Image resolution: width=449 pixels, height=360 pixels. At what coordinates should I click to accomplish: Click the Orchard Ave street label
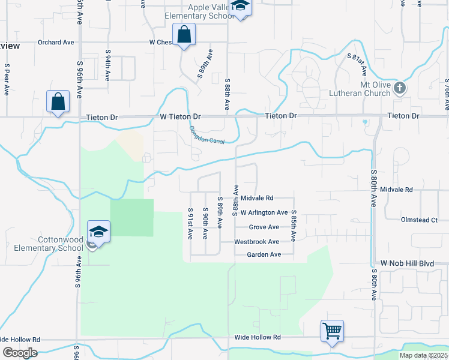pos(56,43)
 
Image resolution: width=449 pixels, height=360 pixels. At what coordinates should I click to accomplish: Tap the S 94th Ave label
pos(107,65)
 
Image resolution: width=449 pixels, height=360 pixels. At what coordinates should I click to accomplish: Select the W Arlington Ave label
pos(264,212)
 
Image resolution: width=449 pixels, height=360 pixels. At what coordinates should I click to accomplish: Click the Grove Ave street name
pos(264,227)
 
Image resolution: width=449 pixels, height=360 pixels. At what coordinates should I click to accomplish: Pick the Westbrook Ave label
pos(256,242)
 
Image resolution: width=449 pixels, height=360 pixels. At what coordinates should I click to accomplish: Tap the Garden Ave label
pos(264,255)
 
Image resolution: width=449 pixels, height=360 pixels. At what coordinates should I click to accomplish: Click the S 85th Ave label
pos(294,226)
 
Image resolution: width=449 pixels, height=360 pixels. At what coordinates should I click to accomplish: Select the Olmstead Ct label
pos(419,220)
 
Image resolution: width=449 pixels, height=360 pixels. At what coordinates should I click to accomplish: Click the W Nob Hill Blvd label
pos(406,263)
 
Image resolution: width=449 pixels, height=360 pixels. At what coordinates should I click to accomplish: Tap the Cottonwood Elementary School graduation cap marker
pos(98,231)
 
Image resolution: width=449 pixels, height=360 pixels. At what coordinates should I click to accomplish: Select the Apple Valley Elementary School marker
pos(241,7)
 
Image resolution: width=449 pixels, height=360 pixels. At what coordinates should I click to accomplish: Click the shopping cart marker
pos(332,331)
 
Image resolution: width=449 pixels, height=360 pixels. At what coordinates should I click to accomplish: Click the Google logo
pos(19,353)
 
